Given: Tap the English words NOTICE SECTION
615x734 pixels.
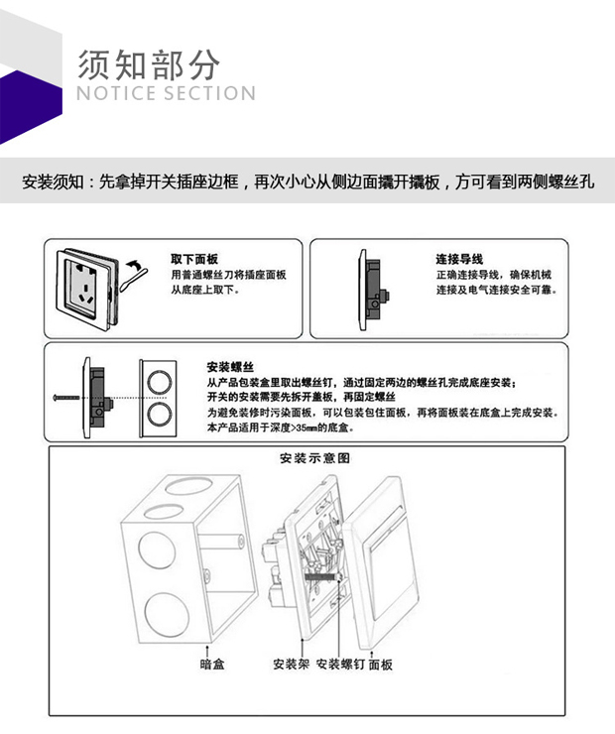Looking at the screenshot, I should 166,94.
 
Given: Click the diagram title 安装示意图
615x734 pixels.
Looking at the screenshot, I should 315,459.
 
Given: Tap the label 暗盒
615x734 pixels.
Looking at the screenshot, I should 211,664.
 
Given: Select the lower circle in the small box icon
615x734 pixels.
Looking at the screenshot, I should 158,414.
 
